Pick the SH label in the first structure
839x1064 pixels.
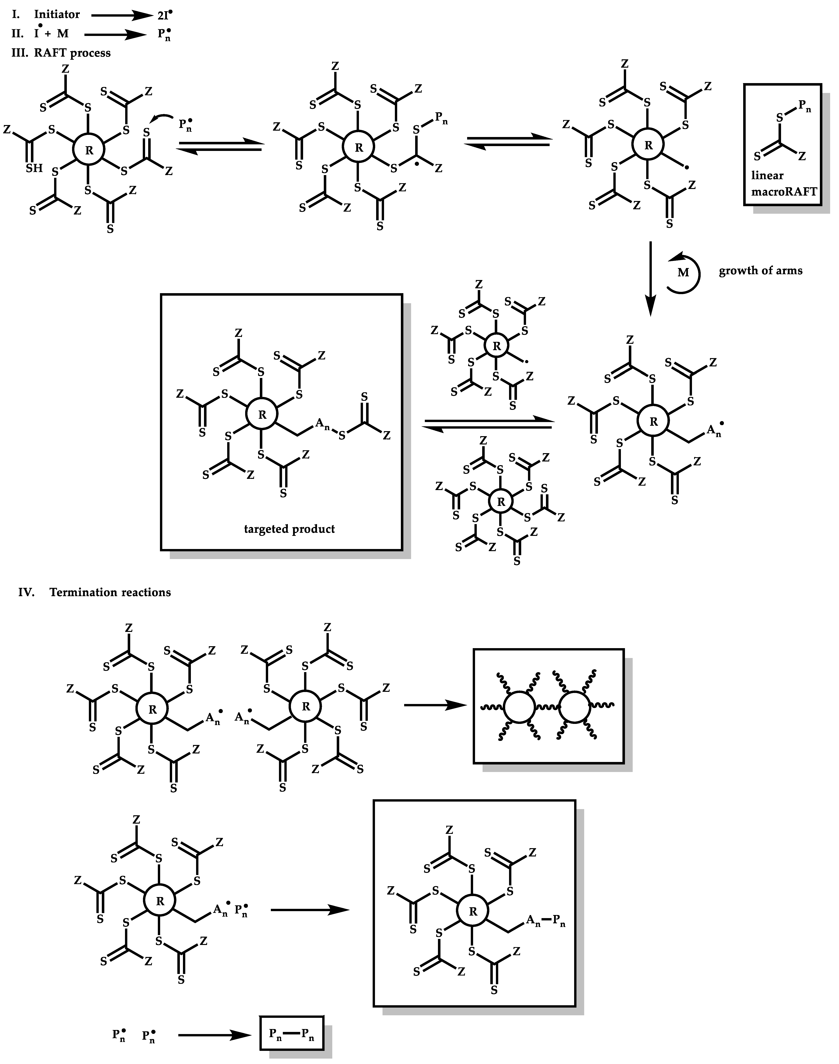pyautogui.click(x=34, y=168)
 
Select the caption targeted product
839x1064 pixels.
pyautogui.click(x=289, y=529)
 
